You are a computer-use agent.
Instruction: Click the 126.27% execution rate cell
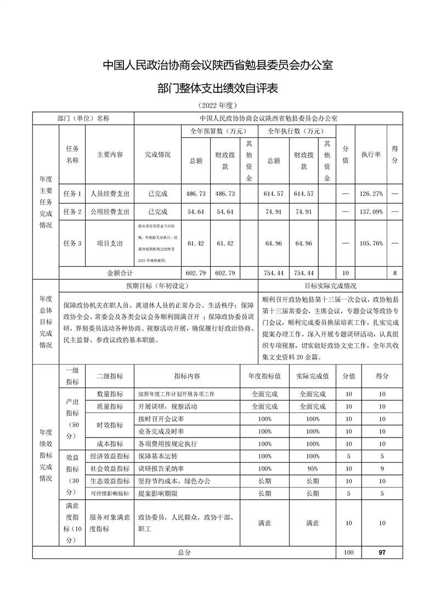pyautogui.click(x=371, y=194)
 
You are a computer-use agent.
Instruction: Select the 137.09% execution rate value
pyautogui.click(x=371, y=211)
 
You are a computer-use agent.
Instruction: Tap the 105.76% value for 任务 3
pyautogui.click(x=371, y=243)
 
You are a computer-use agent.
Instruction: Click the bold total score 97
pyautogui.click(x=382, y=552)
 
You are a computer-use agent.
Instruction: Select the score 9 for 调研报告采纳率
pyautogui.click(x=382, y=468)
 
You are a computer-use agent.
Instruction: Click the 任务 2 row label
pyautogui.click(x=72, y=211)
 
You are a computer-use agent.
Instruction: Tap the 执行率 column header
pyautogui.click(x=371, y=155)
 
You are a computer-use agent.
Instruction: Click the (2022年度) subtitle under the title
pyautogui.click(x=217, y=105)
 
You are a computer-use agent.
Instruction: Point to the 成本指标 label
pyautogui.click(x=110, y=443)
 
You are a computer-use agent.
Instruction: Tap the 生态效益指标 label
pyautogui.click(x=110, y=481)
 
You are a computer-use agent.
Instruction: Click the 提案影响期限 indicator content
pyautogui.click(x=158, y=494)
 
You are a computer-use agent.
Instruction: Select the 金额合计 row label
pyautogui.click(x=120, y=272)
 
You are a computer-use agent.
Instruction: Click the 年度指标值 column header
pyautogui.click(x=264, y=376)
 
